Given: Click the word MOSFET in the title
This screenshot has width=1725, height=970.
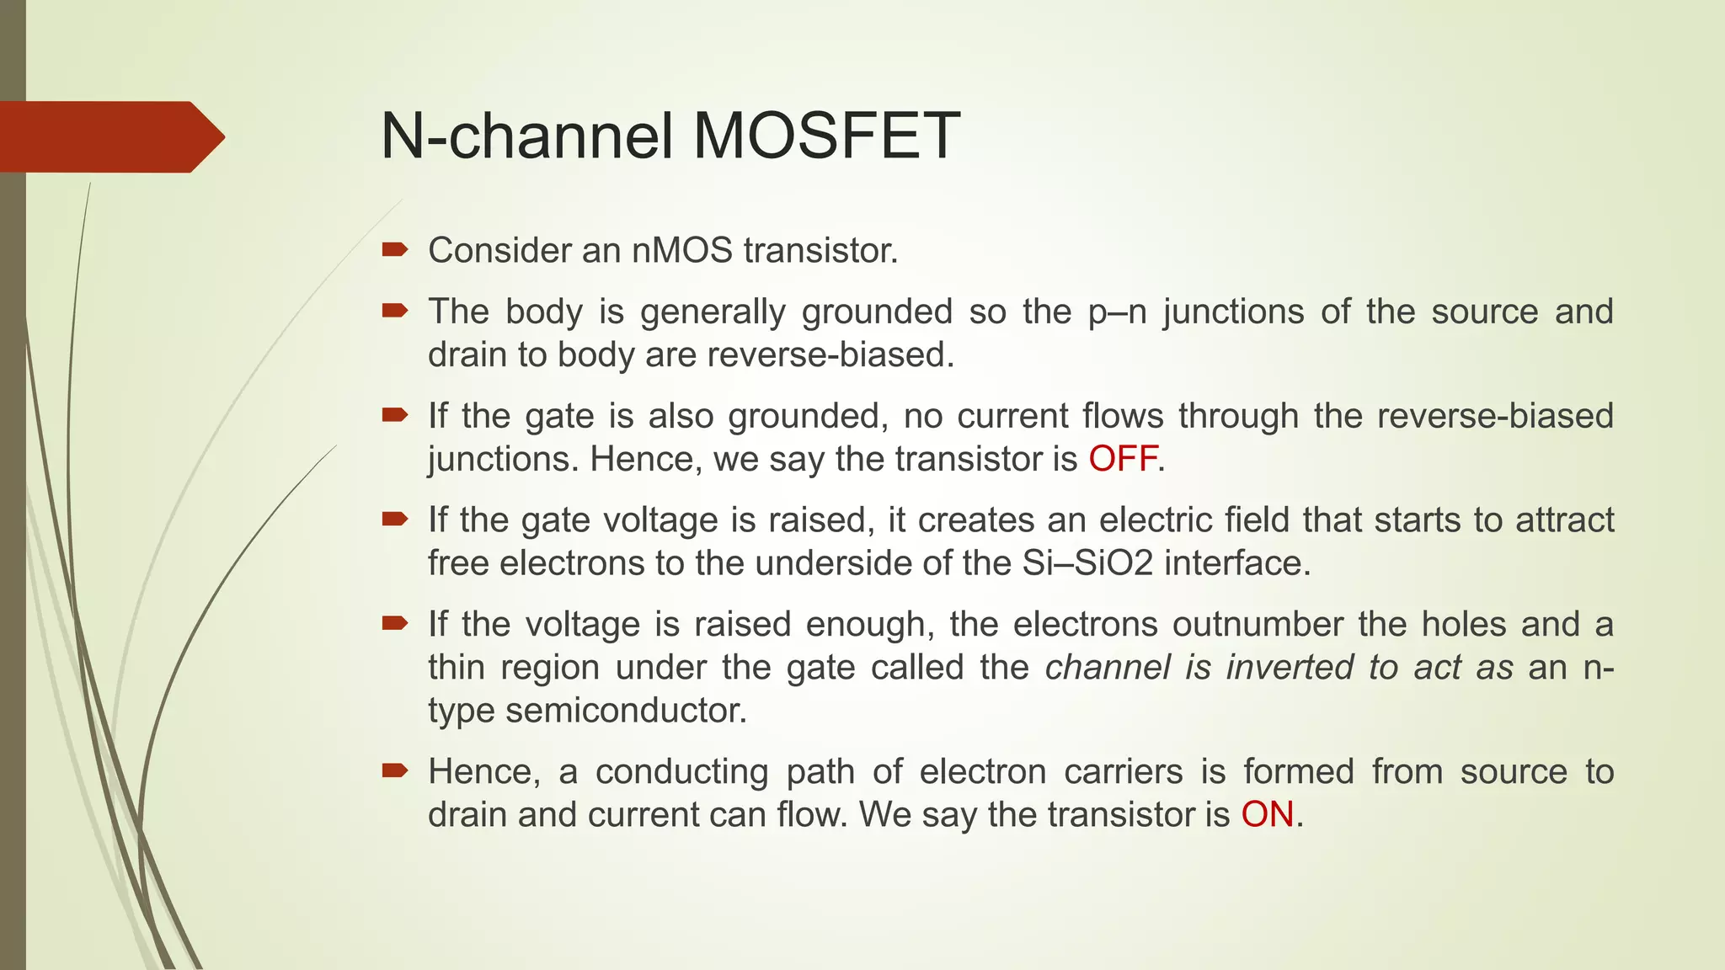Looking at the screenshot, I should (825, 136).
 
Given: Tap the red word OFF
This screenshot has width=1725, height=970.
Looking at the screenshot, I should (1123, 460).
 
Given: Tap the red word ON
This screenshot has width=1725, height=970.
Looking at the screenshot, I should (1267, 815).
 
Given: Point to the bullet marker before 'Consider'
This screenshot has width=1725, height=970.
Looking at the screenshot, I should (394, 249).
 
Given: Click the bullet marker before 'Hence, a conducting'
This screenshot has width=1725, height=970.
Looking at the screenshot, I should (394, 770).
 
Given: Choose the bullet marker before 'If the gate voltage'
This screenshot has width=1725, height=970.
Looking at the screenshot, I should (394, 519).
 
